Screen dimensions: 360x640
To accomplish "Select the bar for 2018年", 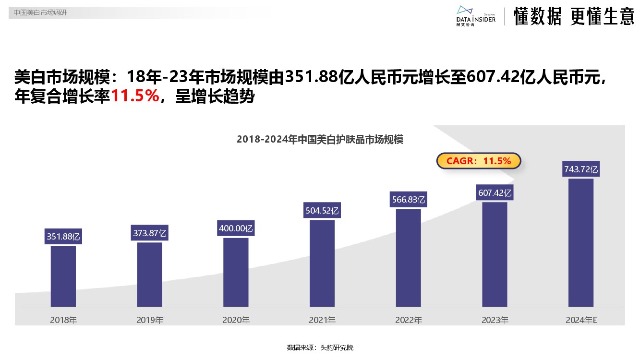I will point(63,276).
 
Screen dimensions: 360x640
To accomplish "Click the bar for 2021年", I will point(322,263).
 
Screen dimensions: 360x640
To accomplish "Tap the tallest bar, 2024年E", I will point(581,242).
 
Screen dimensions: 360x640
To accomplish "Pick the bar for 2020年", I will point(236,272).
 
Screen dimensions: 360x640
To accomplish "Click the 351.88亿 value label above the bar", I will point(63,236).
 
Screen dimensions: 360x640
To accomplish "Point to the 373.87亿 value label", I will point(149,233).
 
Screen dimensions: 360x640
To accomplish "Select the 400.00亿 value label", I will point(236,228).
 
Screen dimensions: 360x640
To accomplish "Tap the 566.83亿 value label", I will point(409,199).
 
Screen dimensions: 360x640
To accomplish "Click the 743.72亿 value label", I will point(581,169).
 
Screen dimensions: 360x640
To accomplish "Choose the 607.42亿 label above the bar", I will point(495,193).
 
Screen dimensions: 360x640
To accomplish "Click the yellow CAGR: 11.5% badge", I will point(479,161).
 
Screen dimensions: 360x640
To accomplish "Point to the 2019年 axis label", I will point(150,320).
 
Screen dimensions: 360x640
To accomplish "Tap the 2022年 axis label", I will point(409,320).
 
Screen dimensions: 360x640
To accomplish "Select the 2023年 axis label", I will point(495,320).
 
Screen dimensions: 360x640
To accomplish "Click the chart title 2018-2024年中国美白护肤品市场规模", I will point(320,140).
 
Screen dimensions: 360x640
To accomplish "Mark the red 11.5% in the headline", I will point(135,96).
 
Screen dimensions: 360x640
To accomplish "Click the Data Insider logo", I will point(475,16).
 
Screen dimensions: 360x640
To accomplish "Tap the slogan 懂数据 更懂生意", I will point(574,17).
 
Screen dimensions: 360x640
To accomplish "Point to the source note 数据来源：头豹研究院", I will point(320,348).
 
